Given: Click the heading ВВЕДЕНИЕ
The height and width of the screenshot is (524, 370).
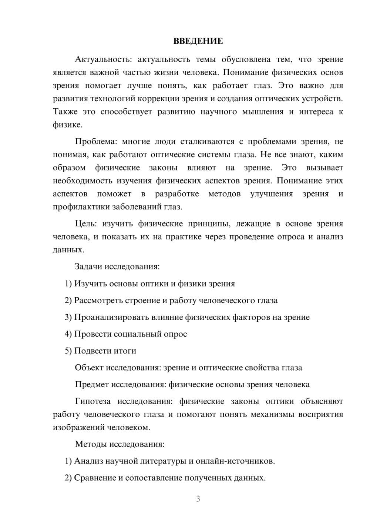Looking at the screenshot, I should [x=198, y=41].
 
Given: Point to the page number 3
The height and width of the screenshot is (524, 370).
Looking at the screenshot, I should [x=198, y=499].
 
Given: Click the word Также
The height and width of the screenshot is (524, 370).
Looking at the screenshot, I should [x=64, y=112].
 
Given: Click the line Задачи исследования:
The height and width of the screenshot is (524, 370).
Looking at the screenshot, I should [x=117, y=267].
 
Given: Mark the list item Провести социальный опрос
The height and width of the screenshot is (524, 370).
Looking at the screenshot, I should [x=126, y=334].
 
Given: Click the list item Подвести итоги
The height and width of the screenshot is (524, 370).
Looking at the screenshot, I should [x=100, y=351].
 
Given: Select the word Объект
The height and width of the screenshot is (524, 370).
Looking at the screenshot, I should [x=89, y=368].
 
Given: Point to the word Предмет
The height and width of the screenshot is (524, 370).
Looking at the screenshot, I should [x=91, y=385].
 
